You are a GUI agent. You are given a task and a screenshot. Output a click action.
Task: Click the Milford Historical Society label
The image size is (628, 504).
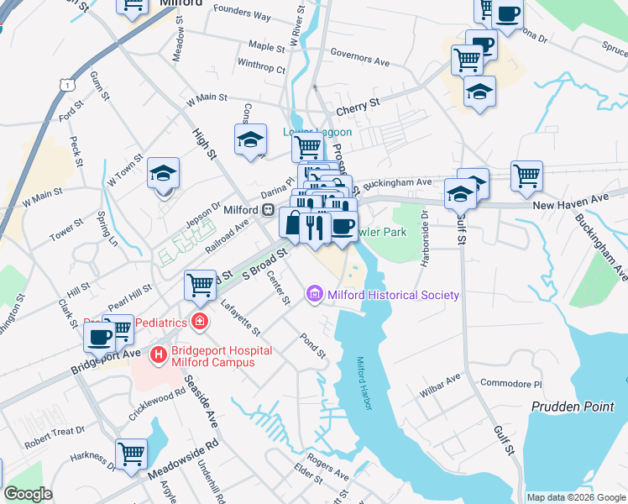pos(393,295)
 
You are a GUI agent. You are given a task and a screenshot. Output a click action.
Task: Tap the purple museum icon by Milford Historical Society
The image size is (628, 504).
pos(316,294)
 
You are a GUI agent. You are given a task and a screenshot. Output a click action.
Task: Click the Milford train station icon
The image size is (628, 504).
pos(268,209)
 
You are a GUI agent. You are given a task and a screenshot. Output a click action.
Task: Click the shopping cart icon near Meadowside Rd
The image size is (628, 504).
pos(132,454)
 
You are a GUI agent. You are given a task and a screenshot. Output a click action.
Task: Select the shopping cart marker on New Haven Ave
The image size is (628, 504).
pos(526,176)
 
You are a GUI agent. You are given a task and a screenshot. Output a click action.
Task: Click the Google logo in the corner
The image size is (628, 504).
pos(28,494)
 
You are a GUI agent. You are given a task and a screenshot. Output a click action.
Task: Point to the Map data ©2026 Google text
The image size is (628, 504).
pos(576,497)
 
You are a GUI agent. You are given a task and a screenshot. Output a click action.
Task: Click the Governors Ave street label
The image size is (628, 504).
pos(360,60)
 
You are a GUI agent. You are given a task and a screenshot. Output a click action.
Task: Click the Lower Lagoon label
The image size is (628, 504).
pos(317,132)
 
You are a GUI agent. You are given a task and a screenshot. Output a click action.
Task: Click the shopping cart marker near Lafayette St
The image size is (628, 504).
pos(200,285)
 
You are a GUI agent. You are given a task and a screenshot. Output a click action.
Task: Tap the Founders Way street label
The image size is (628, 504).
pos(242,16)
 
